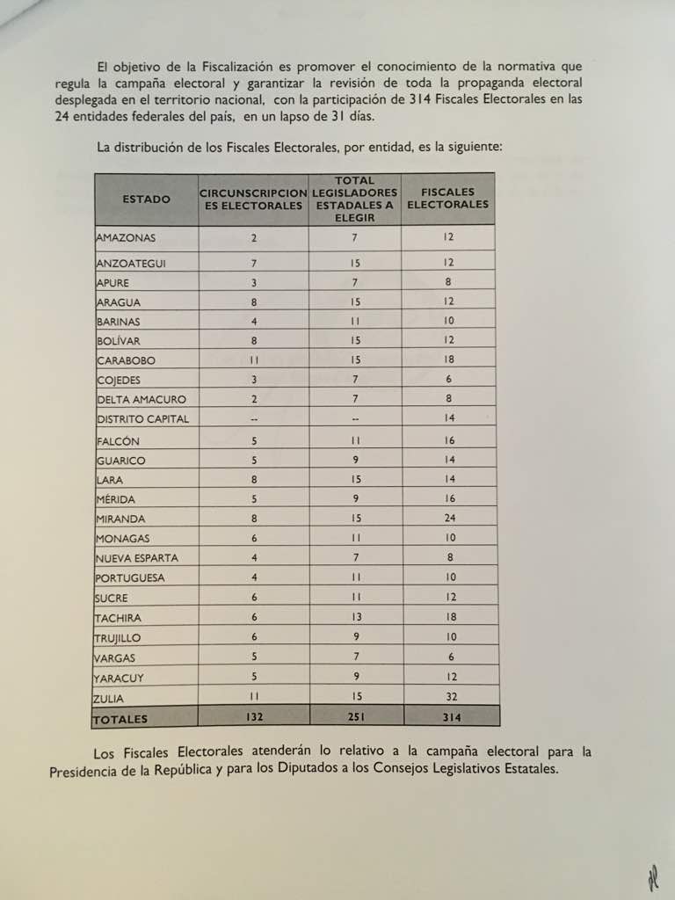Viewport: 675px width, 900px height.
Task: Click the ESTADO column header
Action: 147,200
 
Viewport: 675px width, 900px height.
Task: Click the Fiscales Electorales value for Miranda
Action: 450,519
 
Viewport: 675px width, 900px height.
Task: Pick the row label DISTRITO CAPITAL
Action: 142,419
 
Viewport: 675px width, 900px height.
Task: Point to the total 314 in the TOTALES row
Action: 452,718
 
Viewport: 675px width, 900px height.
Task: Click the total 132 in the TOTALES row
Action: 254,717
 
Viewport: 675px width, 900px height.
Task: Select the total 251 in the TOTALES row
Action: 355,717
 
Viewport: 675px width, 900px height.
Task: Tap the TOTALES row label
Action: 120,719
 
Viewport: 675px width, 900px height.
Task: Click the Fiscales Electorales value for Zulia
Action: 451,698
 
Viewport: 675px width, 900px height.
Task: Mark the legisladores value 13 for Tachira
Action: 355,618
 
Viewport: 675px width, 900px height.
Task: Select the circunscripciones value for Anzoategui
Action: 254,263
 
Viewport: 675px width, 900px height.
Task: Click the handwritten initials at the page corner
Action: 652,878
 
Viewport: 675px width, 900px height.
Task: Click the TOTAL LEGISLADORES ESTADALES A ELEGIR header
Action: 355,199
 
